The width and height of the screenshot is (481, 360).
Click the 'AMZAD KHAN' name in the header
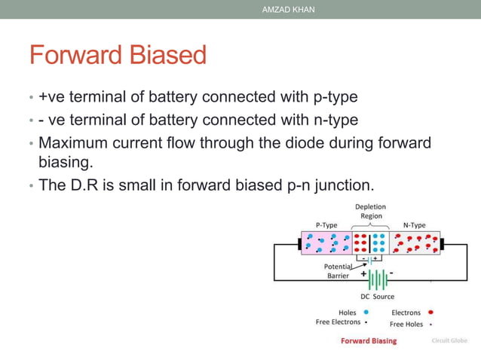[288, 9]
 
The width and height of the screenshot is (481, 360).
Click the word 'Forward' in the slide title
[75, 55]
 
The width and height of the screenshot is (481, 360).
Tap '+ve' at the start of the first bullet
[53, 97]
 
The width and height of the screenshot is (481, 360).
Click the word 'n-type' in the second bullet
[336, 120]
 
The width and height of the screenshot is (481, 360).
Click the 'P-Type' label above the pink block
[326, 224]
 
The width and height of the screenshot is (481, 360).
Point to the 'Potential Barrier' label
[337, 271]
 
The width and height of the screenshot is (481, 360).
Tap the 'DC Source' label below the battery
[377, 297]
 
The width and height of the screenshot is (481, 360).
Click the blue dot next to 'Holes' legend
[366, 312]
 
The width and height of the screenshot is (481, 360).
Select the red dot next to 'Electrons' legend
[430, 312]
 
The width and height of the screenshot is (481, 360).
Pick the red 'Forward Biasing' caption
[368, 341]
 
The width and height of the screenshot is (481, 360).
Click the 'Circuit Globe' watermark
[449, 341]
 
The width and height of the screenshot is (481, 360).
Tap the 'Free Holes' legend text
[406, 324]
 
